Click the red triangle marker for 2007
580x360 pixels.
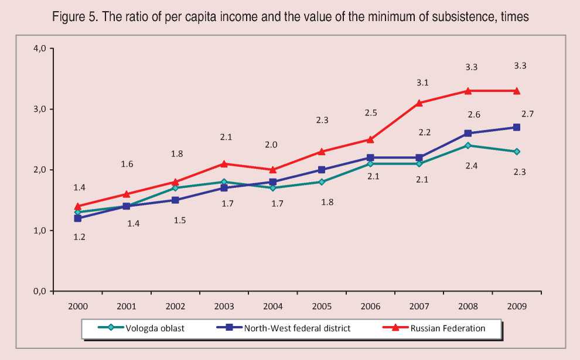pos(419,103)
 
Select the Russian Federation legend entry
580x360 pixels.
pos(455,328)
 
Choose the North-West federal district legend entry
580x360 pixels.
pos(295,328)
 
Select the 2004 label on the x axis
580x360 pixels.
pos(272,306)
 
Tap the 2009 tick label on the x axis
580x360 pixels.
pos(516,306)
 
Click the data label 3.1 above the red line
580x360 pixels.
pos(422,83)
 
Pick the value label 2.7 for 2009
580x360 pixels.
pos(527,114)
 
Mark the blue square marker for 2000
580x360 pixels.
pos(78,218)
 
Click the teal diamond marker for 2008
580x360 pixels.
pos(468,145)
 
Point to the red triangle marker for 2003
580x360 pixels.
pos(224,163)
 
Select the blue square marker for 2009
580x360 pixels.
pos(516,127)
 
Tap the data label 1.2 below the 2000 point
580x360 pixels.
pos(79,237)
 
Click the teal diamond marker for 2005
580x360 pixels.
pos(321,182)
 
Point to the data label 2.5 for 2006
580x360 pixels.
pos(370,112)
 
